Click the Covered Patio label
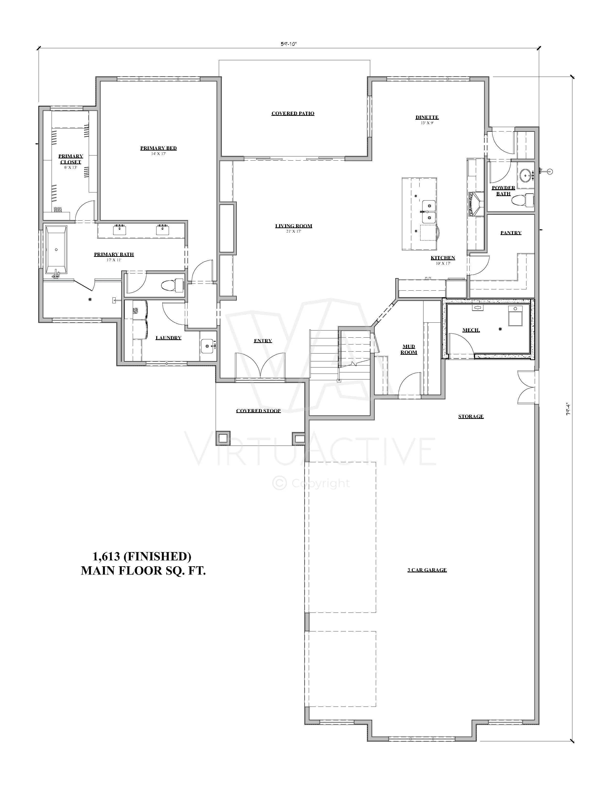coord(293,114)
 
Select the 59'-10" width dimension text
coord(289,44)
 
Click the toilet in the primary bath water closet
coord(172,285)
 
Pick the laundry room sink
coord(208,346)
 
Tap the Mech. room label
coord(471,330)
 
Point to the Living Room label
coord(293,226)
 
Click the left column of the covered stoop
coord(223,438)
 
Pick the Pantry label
coord(511,233)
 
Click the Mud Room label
coord(409,349)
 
